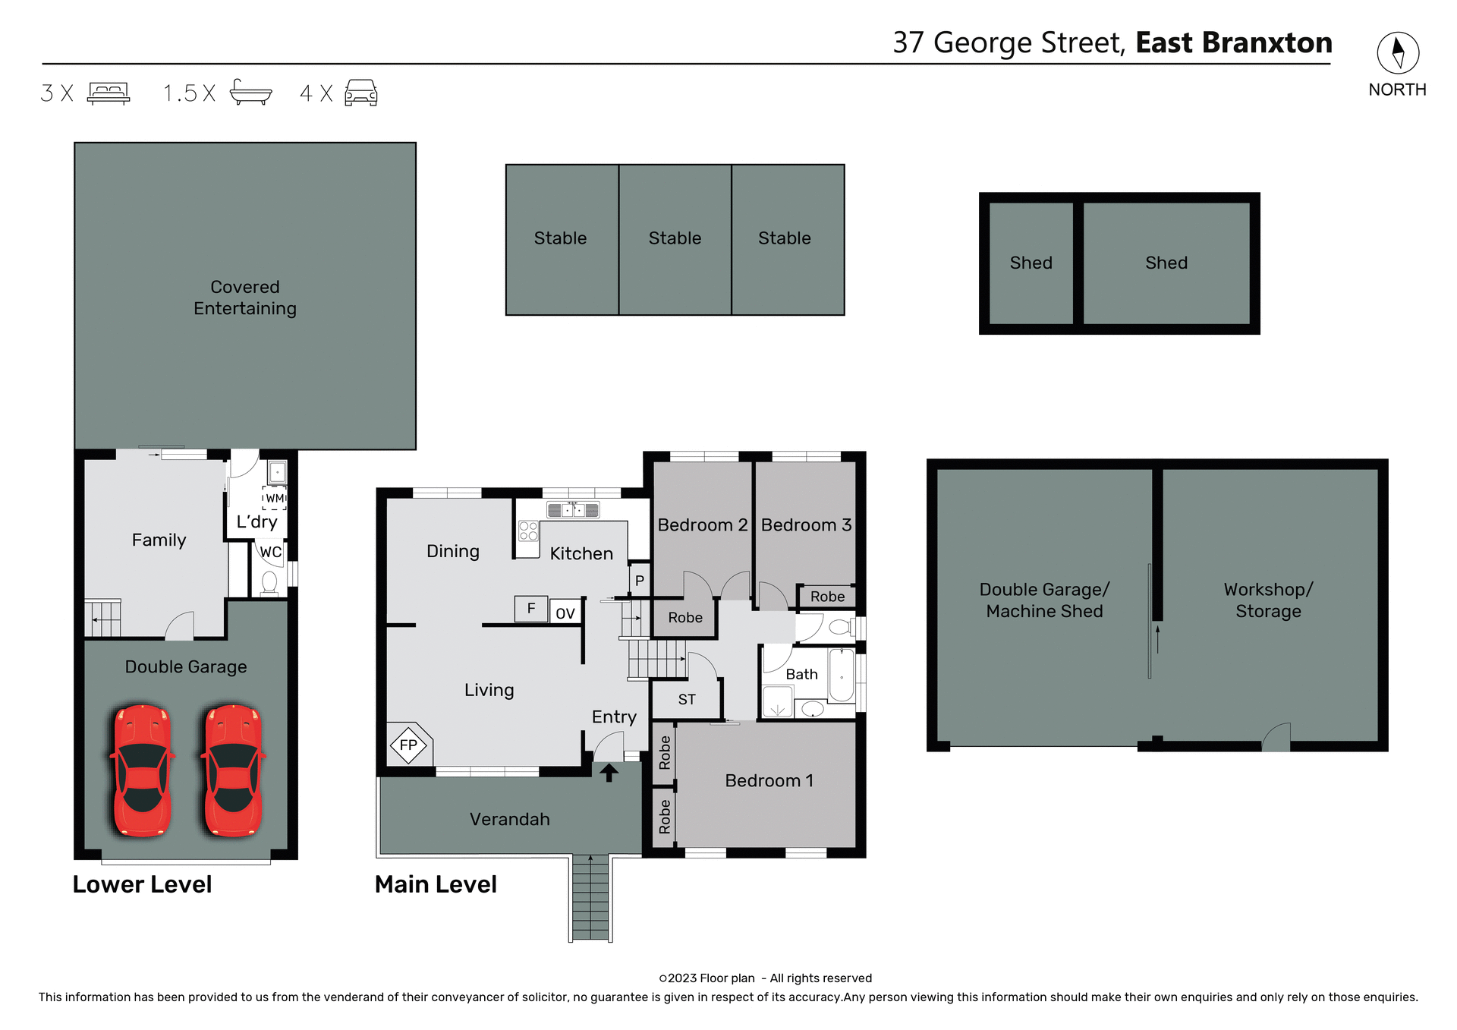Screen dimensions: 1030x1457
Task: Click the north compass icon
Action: click(1398, 52)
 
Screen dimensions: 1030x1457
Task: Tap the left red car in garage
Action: click(142, 770)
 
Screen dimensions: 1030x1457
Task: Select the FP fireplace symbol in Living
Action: click(409, 745)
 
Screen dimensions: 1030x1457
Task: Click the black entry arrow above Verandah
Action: click(609, 773)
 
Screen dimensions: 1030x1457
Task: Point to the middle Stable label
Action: click(675, 238)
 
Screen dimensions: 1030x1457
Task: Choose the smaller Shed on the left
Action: click(1031, 263)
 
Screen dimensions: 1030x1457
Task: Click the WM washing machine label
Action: click(275, 498)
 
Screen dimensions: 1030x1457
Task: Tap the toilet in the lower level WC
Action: click(269, 582)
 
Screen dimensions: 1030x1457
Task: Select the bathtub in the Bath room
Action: click(842, 676)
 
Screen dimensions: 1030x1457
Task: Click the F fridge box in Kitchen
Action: click(531, 608)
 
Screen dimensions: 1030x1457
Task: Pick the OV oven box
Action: click(565, 613)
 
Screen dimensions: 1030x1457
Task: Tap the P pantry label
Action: click(640, 581)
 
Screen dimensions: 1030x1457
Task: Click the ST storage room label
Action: click(687, 699)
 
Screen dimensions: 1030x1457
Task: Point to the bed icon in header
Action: click(109, 93)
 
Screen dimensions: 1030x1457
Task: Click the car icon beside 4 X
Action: click(361, 93)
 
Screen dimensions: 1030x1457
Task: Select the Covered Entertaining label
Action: click(245, 298)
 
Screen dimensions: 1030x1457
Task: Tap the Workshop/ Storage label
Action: click(1268, 600)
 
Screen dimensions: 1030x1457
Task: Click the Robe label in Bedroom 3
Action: click(827, 597)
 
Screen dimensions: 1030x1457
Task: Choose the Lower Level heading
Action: click(142, 884)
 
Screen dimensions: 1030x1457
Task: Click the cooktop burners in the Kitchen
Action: click(528, 531)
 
